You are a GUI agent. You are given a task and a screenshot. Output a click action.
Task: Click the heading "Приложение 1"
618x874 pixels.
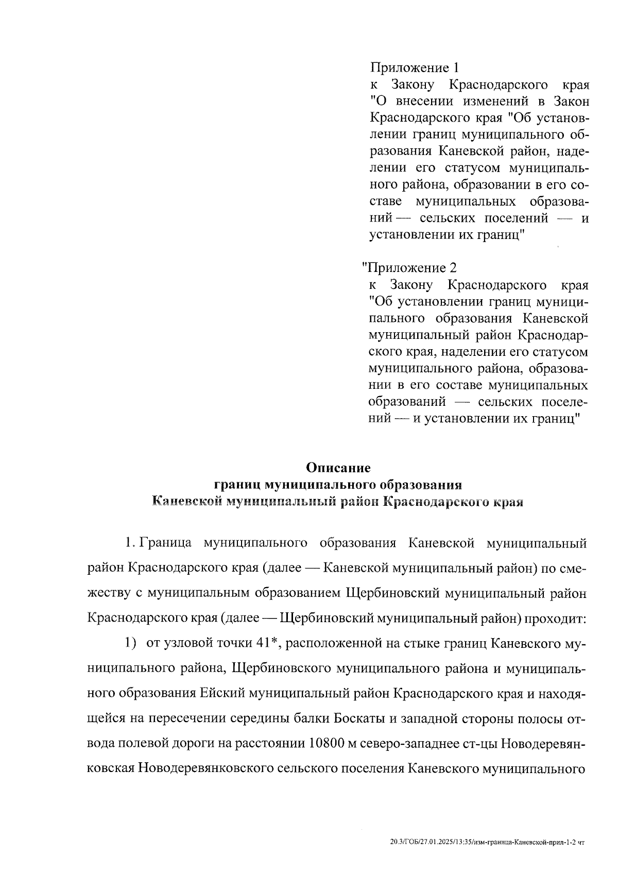[x=414, y=67]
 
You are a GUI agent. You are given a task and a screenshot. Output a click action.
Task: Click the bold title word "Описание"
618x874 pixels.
[x=338, y=468]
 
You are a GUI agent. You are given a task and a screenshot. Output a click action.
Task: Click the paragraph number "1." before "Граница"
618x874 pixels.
[x=130, y=543]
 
